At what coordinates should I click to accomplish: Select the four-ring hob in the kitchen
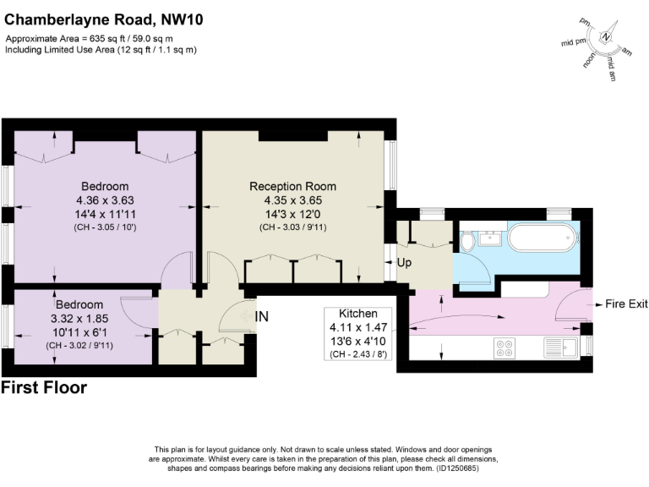point(506,347)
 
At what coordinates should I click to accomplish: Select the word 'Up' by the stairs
point(404,263)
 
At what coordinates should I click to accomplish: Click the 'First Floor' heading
point(44,388)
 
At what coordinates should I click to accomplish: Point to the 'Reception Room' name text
point(292,186)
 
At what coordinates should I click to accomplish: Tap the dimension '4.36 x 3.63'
point(105,200)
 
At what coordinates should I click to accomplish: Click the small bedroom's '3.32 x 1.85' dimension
point(79,319)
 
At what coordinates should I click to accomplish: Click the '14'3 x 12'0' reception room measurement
point(292,214)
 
